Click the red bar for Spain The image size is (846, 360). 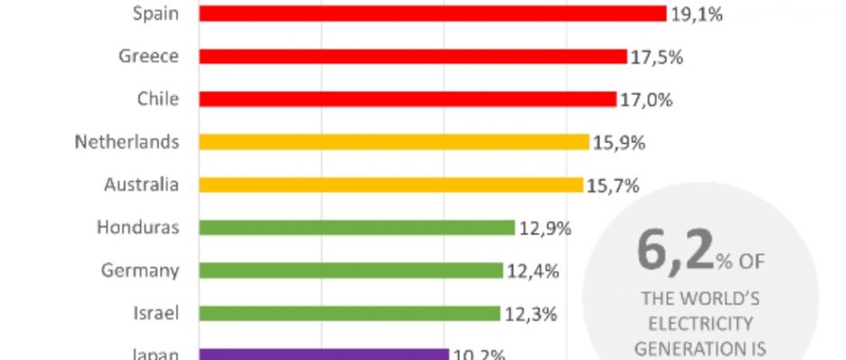point(432,13)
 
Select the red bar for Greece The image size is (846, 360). point(412,57)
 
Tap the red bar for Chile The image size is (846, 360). point(407,99)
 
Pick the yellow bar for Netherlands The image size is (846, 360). point(393,142)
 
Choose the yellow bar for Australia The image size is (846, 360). point(391,185)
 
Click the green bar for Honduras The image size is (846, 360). point(356,228)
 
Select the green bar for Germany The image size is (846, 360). point(351,271)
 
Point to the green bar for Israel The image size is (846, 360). point(349,313)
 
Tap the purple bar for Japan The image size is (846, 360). point(323,355)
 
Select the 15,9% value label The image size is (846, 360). point(620,142)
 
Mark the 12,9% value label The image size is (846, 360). point(545,228)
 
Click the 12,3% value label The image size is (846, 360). point(531,313)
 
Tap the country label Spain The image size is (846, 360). point(156,13)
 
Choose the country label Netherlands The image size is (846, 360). point(127,142)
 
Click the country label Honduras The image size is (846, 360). point(138,228)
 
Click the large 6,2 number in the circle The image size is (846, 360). point(673,253)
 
